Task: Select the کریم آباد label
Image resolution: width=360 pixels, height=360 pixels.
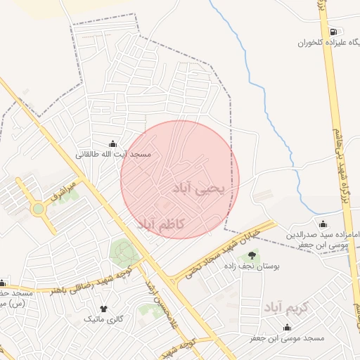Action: (286, 307)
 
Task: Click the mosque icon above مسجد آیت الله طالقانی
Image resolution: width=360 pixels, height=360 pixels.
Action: (114, 143)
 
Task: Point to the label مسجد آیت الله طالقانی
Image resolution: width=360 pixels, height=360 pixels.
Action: (114, 153)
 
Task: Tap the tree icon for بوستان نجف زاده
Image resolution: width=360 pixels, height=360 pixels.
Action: (252, 255)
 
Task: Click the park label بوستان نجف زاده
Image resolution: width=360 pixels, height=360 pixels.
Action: (252, 267)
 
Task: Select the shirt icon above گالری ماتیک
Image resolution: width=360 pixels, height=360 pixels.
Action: (104, 308)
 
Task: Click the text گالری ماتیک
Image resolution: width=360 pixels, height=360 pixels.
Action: (104, 319)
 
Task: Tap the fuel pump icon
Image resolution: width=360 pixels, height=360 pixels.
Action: (333, 32)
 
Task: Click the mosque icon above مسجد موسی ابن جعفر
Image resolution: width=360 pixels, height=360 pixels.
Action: (287, 328)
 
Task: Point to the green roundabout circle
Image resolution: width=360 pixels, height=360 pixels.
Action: (38, 209)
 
